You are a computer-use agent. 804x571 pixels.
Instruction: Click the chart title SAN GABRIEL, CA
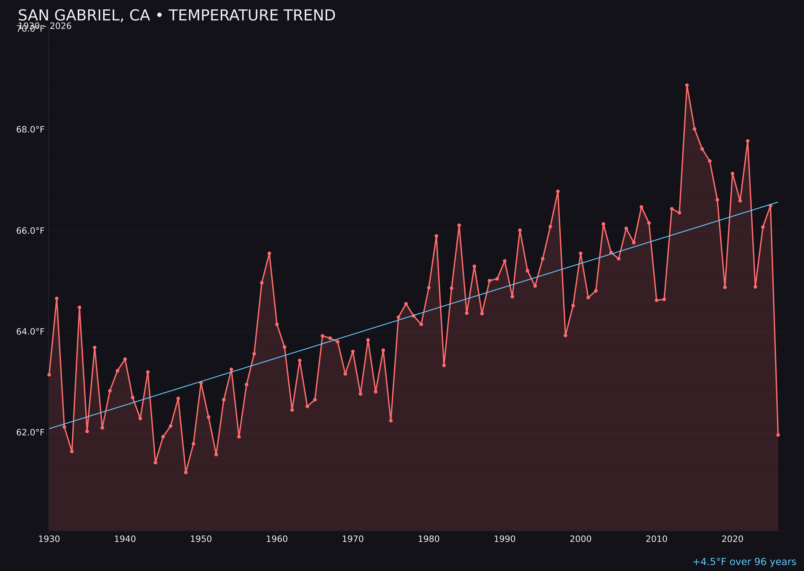coord(176,15)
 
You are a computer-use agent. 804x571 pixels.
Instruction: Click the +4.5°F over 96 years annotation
coord(744,562)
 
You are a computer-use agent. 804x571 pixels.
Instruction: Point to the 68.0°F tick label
coord(30,130)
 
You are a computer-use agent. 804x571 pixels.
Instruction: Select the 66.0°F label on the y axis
coord(30,231)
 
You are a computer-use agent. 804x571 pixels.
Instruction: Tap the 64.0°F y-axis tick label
coord(30,331)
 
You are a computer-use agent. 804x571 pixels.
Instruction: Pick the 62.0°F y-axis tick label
coord(30,432)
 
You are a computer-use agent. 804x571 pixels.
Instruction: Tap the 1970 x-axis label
coord(353,539)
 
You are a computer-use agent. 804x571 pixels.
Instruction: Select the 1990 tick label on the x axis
coord(505,539)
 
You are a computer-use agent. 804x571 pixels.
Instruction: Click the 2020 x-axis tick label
coord(732,539)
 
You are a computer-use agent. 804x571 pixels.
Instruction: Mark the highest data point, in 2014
coord(687,85)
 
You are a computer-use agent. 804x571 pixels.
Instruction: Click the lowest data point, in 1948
coord(186,472)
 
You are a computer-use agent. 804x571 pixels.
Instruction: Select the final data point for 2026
coord(778,435)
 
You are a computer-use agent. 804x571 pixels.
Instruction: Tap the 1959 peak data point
coord(269,253)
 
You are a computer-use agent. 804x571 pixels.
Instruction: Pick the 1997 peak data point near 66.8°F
coord(558,191)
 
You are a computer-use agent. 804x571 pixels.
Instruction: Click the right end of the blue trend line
coord(778,202)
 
